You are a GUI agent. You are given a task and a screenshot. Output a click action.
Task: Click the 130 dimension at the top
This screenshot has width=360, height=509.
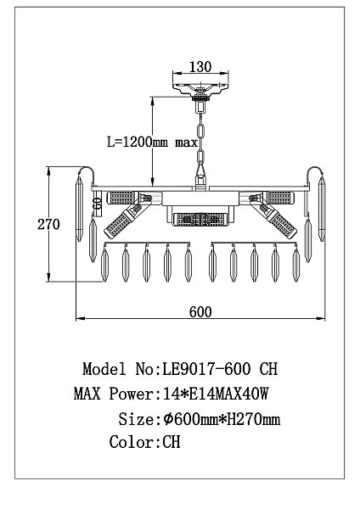point(200,67)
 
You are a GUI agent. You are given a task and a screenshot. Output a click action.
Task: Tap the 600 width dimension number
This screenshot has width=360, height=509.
point(200,311)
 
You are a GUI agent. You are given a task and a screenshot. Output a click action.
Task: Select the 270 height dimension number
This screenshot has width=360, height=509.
point(48,224)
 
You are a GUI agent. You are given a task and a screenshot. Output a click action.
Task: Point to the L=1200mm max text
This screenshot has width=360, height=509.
point(152,143)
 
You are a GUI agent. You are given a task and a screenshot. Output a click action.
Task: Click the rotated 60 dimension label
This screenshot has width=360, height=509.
point(97,204)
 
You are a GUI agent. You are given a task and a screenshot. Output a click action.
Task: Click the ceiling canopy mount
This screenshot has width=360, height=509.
point(200,88)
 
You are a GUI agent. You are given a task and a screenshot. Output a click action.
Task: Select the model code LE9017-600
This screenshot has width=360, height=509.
point(206,369)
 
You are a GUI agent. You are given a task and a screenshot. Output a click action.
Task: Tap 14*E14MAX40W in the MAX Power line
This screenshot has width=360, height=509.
point(216,394)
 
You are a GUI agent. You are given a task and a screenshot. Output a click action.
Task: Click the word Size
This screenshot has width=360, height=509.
point(137,419)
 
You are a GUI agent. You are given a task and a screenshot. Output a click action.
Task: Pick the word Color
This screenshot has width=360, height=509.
point(132,442)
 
